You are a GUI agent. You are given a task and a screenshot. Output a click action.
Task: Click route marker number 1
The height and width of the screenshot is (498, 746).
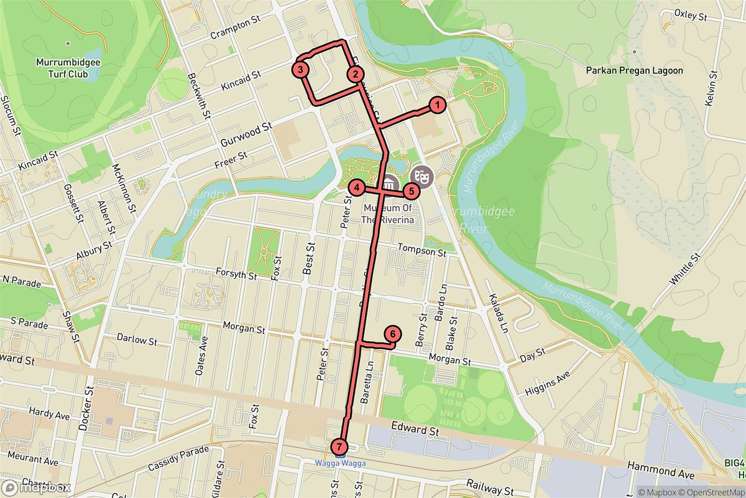point(438,105)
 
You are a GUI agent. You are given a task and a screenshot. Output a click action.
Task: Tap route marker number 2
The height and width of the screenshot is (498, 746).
point(355,75)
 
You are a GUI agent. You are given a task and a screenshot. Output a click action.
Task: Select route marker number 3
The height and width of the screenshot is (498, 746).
point(301,70)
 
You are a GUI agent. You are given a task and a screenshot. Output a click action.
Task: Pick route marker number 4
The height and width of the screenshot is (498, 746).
point(357,187)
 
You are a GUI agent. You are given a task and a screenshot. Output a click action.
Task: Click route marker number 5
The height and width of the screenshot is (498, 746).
point(412,191)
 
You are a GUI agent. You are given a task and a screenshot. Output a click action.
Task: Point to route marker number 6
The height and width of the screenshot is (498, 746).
point(392,334)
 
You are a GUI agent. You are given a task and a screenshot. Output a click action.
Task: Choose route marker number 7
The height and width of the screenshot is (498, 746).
point(339,446)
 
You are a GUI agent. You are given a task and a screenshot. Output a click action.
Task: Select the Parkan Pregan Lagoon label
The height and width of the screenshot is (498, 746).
point(634,71)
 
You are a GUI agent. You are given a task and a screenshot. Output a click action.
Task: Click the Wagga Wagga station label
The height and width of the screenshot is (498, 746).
point(339,463)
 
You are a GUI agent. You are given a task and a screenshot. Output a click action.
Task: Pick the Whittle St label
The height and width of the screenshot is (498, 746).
point(685,270)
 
